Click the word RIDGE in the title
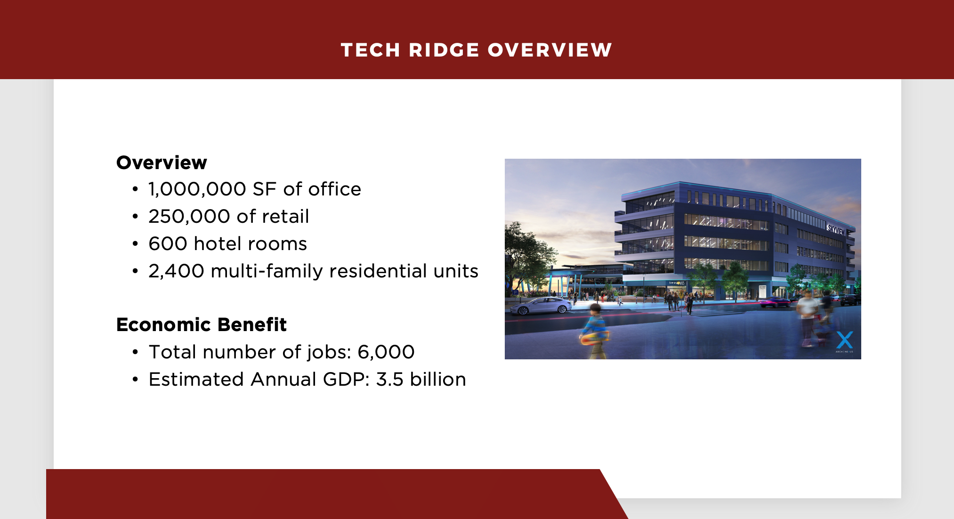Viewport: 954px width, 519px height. [x=444, y=50]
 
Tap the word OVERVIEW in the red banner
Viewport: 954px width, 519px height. [x=550, y=50]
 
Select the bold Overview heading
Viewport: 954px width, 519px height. [x=162, y=162]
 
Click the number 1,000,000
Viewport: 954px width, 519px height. [x=197, y=189]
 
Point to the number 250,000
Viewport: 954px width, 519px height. [x=189, y=217]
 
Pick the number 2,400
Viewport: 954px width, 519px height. [x=177, y=271]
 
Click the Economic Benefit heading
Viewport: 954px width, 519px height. [x=202, y=324]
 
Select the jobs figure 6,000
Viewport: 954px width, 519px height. [x=386, y=352]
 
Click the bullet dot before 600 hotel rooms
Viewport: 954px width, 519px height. [x=136, y=244]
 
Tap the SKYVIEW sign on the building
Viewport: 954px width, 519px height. [x=837, y=230]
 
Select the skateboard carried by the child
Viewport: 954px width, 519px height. [x=595, y=337]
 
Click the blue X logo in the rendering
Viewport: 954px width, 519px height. [x=844, y=340]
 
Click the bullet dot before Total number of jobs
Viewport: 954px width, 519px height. [x=136, y=352]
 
